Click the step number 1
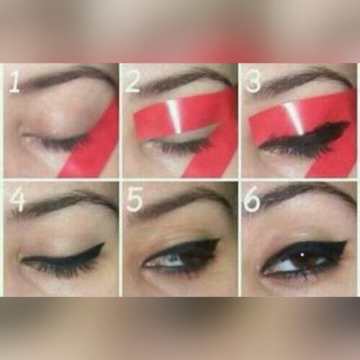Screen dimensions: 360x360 pyautogui.click(x=15, y=82)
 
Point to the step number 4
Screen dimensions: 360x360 pyautogui.click(x=17, y=199)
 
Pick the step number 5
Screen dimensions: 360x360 pyautogui.click(x=135, y=199)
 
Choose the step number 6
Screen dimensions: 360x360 pyautogui.click(x=252, y=199)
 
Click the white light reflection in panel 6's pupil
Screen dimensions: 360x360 pyautogui.click(x=303, y=255)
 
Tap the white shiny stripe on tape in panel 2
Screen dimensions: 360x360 pyautogui.click(x=174, y=117)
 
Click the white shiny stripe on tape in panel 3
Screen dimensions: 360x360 pyautogui.click(x=295, y=118)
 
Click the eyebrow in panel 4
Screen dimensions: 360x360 pyautogui.click(x=64, y=202)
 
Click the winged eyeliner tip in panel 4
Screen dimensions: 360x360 pyautogui.click(x=104, y=244)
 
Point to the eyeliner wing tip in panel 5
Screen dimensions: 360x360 pyautogui.click(x=219, y=239)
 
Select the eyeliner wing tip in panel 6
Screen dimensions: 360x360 pyautogui.click(x=346, y=242)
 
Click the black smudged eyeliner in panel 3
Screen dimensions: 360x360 pyautogui.click(x=305, y=137)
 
